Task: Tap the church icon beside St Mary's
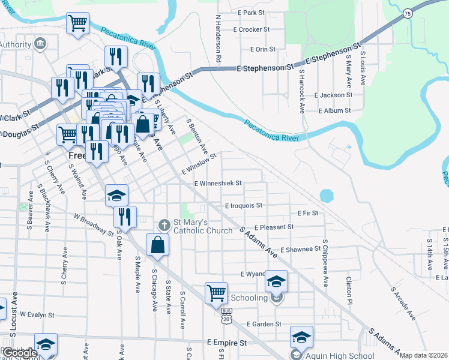click(x=163, y=226)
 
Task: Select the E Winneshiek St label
click(x=218, y=183)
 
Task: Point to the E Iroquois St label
click(x=244, y=205)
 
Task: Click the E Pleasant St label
click(x=274, y=227)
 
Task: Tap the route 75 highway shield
click(x=408, y=14)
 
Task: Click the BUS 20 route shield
click(x=226, y=316)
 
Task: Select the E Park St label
click(x=251, y=13)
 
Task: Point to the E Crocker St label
click(x=253, y=29)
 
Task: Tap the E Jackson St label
click(x=333, y=95)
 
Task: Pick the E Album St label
click(x=334, y=111)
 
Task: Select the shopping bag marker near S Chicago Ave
click(x=157, y=245)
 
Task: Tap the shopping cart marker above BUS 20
click(x=216, y=293)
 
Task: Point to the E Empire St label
click(x=226, y=343)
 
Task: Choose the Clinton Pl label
click(x=348, y=285)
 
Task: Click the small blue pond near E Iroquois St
click(x=327, y=196)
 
